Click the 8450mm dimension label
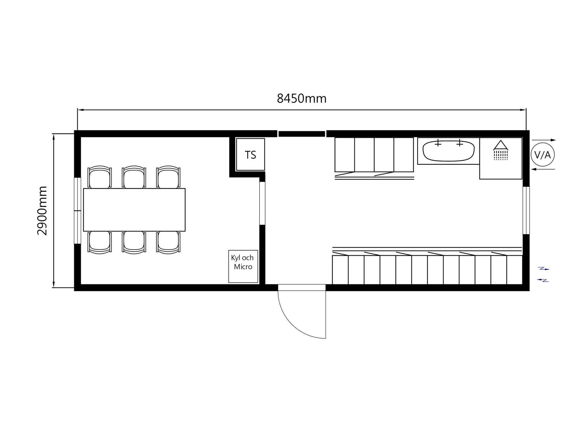[301, 99]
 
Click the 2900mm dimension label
[42, 210]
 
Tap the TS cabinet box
[251, 155]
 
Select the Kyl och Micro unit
[243, 266]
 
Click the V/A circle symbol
[543, 155]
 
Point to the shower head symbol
[501, 150]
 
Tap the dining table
[134, 210]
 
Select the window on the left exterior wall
[78, 210]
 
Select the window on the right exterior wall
[526, 210]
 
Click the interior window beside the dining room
[262, 203]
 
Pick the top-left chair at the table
[100, 177]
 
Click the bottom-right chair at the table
[169, 242]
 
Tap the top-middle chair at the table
[134, 177]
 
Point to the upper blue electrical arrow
[544, 269]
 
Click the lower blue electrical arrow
[543, 280]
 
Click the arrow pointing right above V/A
[544, 140]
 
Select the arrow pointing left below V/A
[543, 169]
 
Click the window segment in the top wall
[302, 134]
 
